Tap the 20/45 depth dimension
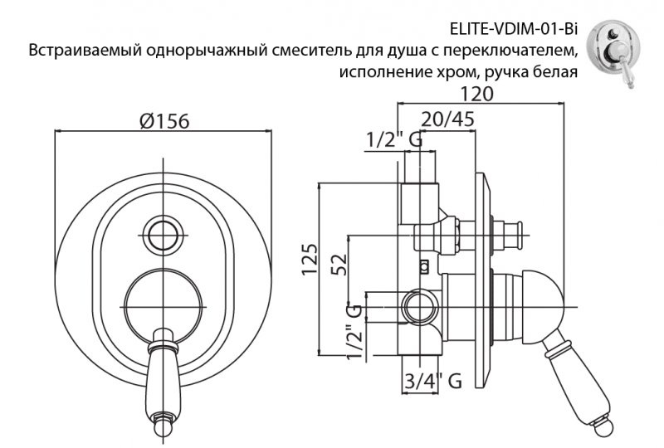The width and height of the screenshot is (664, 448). pyautogui.click(x=447, y=119)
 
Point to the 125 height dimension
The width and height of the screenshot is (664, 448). pyautogui.click(x=310, y=261)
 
